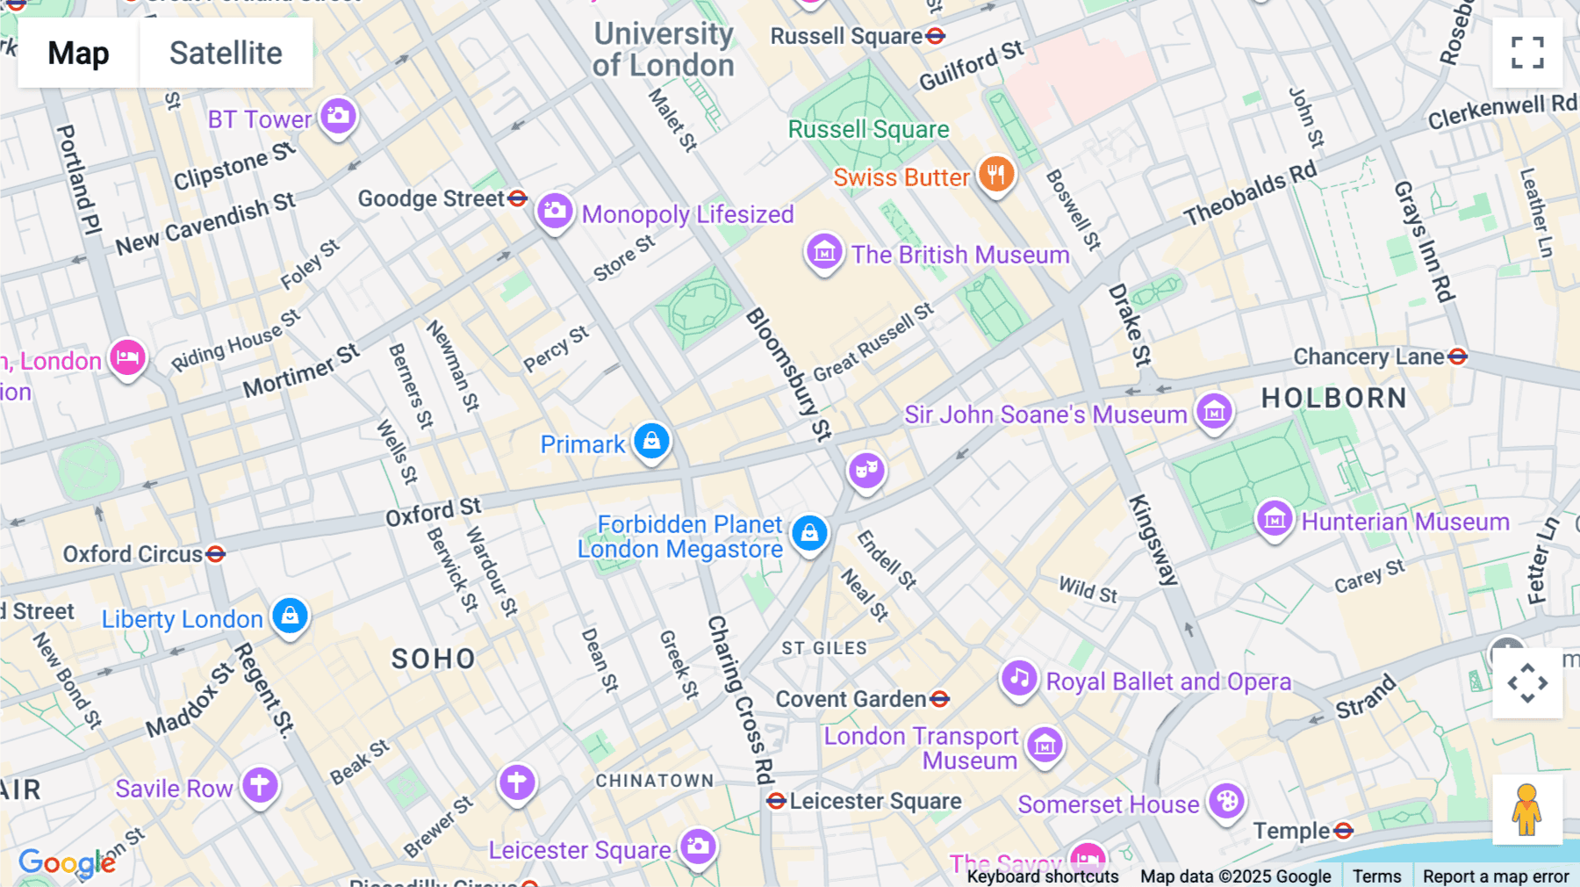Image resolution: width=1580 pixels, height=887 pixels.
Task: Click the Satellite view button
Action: pyautogui.click(x=226, y=53)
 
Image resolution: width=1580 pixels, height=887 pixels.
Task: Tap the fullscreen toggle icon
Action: pyautogui.click(x=1527, y=53)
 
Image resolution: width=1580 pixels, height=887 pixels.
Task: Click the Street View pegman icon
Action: pyautogui.click(x=1527, y=810)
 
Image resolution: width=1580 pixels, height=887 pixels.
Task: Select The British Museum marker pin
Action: pyautogui.click(x=824, y=253)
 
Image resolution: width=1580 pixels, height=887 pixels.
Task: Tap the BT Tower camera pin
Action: pyautogui.click(x=338, y=116)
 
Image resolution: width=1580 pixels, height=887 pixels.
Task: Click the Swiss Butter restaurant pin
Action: pyautogui.click(x=996, y=175)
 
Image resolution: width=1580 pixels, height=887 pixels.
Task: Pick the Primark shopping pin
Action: pyautogui.click(x=651, y=441)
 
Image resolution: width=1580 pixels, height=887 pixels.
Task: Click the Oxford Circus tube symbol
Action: pyautogui.click(x=216, y=554)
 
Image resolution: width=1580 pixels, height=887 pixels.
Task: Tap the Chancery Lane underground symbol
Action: pyautogui.click(x=1458, y=357)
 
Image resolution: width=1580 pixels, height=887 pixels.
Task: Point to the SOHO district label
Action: pyautogui.click(x=434, y=659)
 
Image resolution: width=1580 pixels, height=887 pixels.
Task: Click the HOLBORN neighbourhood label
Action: pyautogui.click(x=1334, y=398)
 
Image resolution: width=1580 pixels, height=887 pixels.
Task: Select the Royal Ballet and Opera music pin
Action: pyautogui.click(x=1019, y=679)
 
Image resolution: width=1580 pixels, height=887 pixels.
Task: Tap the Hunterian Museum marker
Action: pyautogui.click(x=1275, y=519)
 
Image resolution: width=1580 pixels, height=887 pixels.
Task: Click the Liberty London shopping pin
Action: pyautogui.click(x=290, y=616)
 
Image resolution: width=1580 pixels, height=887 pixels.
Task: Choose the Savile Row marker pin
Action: pyautogui.click(x=260, y=785)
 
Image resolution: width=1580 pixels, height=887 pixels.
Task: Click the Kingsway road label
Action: pyautogui.click(x=1153, y=540)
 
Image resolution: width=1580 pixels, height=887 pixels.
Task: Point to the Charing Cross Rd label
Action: pyautogui.click(x=742, y=698)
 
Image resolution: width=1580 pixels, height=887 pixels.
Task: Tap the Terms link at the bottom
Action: pyautogui.click(x=1376, y=876)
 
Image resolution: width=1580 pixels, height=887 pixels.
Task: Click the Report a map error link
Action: pyautogui.click(x=1496, y=876)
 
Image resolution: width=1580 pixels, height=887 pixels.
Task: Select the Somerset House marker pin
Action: pyautogui.click(x=1227, y=802)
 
